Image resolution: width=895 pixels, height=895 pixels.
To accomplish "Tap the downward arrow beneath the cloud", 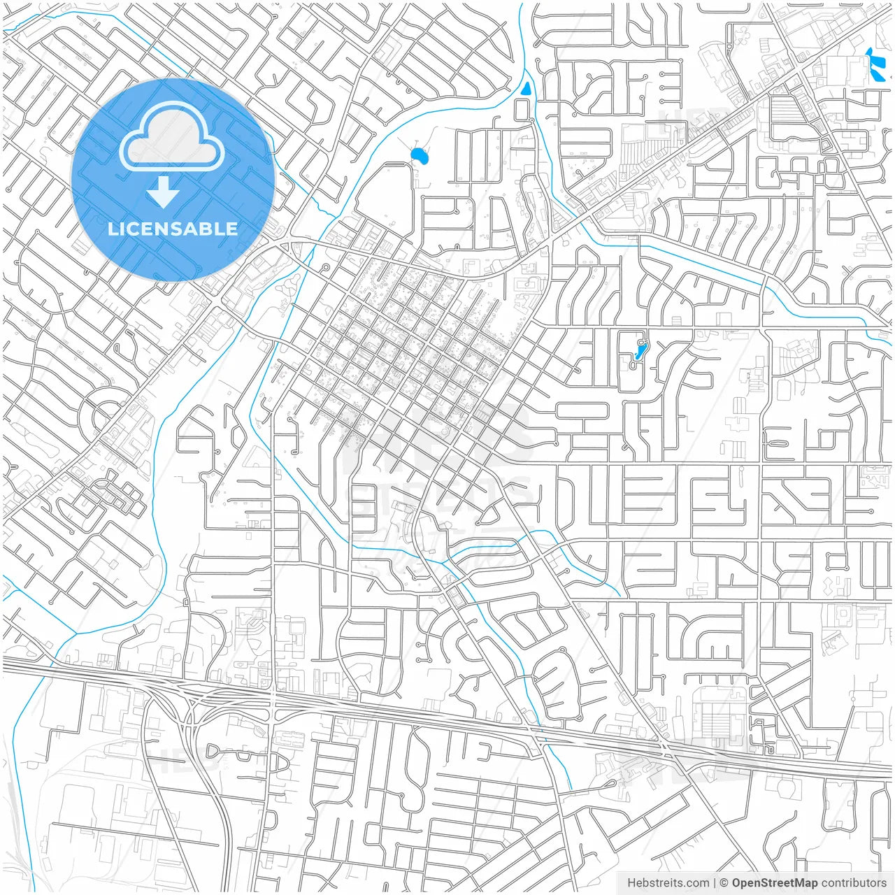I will [164, 192].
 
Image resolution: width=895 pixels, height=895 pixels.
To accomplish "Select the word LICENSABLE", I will [173, 229].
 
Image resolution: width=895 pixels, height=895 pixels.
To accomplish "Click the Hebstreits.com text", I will [668, 883].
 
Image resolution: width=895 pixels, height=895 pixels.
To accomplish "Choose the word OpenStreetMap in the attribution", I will [775, 883].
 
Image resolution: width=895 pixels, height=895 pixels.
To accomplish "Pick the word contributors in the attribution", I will [854, 883].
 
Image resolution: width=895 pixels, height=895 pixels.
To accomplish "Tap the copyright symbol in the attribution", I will [724, 883].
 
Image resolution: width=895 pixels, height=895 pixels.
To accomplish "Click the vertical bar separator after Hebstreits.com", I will [715, 883].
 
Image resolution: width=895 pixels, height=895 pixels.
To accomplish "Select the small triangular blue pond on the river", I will [526, 89].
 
